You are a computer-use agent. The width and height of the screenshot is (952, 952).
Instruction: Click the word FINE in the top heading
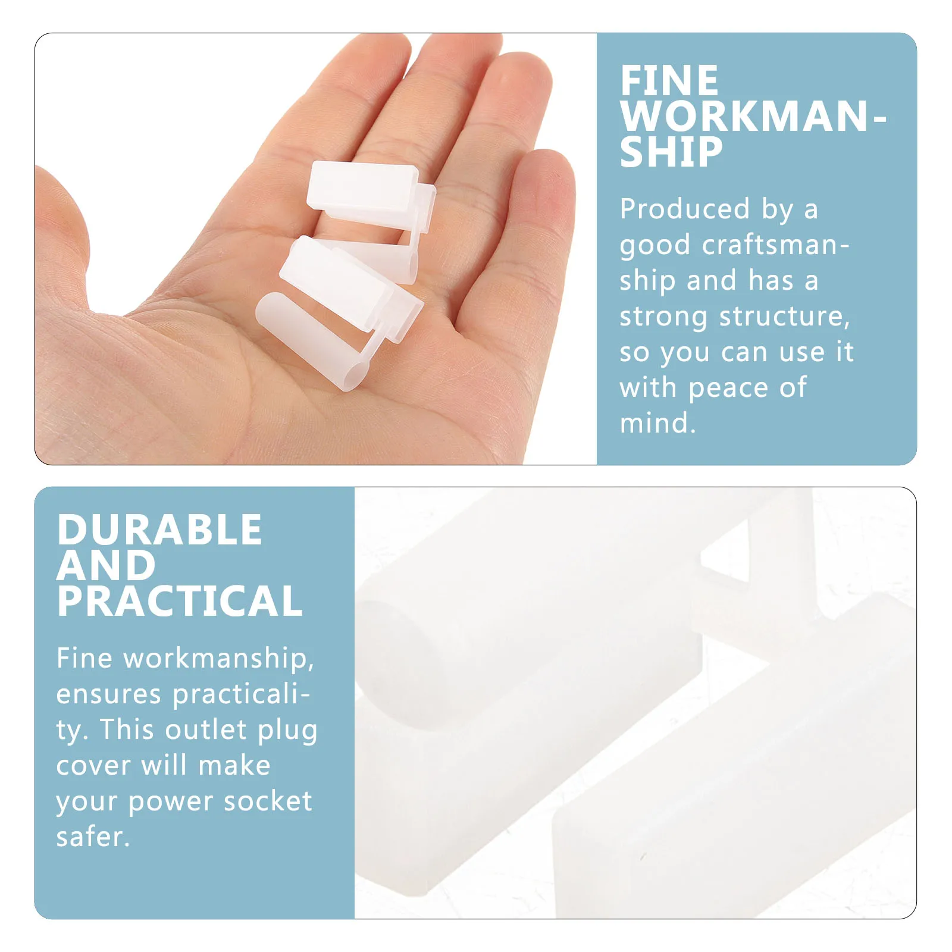pyautogui.click(x=669, y=81)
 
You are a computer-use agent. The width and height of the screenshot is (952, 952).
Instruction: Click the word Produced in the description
pyautogui.click(x=684, y=209)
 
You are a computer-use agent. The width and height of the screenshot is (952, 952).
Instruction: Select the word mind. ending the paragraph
pyautogui.click(x=657, y=424)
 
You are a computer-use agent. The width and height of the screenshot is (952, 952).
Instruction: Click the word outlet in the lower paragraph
pyautogui.click(x=206, y=730)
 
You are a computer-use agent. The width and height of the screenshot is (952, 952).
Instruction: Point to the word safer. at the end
pyautogui.click(x=93, y=837)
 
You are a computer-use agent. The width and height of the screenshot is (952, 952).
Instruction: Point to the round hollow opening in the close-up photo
pyautogui.click(x=396, y=649)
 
